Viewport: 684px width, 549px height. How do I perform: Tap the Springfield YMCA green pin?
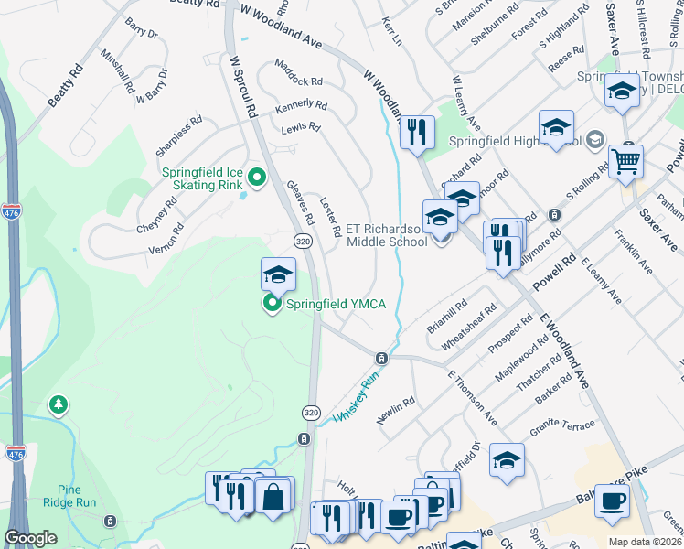[x=273, y=305]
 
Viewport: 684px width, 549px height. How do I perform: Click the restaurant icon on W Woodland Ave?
[x=416, y=131]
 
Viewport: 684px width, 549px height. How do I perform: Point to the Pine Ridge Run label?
[x=75, y=496]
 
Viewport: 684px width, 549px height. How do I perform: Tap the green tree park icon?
[x=59, y=404]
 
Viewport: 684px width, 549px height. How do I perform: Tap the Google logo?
[x=30, y=538]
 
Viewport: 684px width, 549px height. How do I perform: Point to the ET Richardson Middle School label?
[x=386, y=235]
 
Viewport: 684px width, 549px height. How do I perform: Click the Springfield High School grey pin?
[x=596, y=140]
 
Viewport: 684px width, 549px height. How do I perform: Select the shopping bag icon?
[x=273, y=497]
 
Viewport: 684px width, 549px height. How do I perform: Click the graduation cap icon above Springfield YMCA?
[x=278, y=272]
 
